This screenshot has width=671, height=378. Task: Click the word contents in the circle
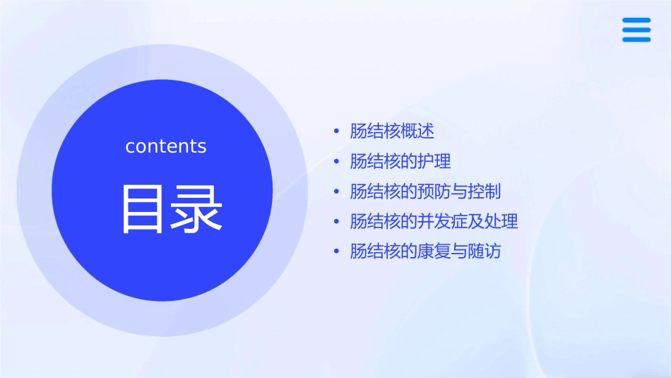166,146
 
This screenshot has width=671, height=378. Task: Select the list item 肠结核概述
392,131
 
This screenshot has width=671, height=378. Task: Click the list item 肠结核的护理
400,161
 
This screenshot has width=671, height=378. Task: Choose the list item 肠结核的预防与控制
425,191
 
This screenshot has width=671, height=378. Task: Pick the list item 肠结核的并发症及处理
434,221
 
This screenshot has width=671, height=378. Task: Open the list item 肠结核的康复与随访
425,252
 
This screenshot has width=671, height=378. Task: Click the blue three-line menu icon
636,30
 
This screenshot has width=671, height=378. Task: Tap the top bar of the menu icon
636,21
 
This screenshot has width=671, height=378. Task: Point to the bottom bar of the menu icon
636,40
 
